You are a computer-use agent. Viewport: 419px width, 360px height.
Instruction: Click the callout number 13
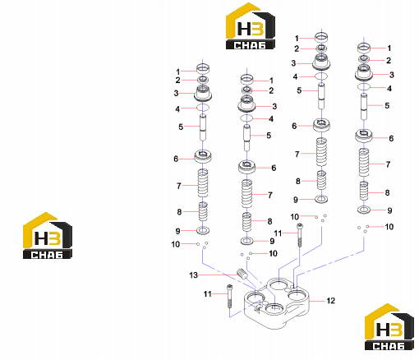tap(193, 275)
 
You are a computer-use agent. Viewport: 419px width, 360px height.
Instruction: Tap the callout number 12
tap(330, 301)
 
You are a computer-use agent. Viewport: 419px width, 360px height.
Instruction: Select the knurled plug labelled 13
tap(242, 274)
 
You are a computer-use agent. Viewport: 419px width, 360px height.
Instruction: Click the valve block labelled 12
tap(276, 302)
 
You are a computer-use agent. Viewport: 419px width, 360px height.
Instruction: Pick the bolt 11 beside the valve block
tap(229, 296)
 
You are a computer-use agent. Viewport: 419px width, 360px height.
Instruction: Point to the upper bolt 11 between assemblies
tap(299, 235)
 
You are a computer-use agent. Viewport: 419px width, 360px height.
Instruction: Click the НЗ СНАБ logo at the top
tap(250, 26)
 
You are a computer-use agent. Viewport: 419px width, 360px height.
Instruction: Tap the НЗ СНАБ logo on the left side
tap(48, 236)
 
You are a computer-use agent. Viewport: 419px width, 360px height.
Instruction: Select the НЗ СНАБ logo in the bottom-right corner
tap(389, 326)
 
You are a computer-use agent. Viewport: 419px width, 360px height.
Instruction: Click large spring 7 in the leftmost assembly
tap(203, 183)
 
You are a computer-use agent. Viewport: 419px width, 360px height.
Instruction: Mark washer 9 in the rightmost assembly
tap(364, 210)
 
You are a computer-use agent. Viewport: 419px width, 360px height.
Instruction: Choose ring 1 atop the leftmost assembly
tap(203, 68)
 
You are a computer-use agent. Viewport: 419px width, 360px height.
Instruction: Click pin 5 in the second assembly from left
tap(247, 138)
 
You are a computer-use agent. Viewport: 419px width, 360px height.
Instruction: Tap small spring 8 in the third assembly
tap(321, 180)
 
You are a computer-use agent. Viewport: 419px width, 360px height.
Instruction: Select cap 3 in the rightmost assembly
tap(364, 72)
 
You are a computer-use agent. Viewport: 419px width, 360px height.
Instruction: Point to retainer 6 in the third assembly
tap(321, 125)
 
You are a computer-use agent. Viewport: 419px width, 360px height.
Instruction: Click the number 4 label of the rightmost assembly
tap(389, 89)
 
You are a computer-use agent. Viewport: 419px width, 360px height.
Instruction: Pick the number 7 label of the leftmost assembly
tap(179, 186)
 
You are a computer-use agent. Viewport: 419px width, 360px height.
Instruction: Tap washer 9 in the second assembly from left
tap(247, 241)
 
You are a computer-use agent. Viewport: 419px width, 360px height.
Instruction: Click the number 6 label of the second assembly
tap(274, 168)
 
